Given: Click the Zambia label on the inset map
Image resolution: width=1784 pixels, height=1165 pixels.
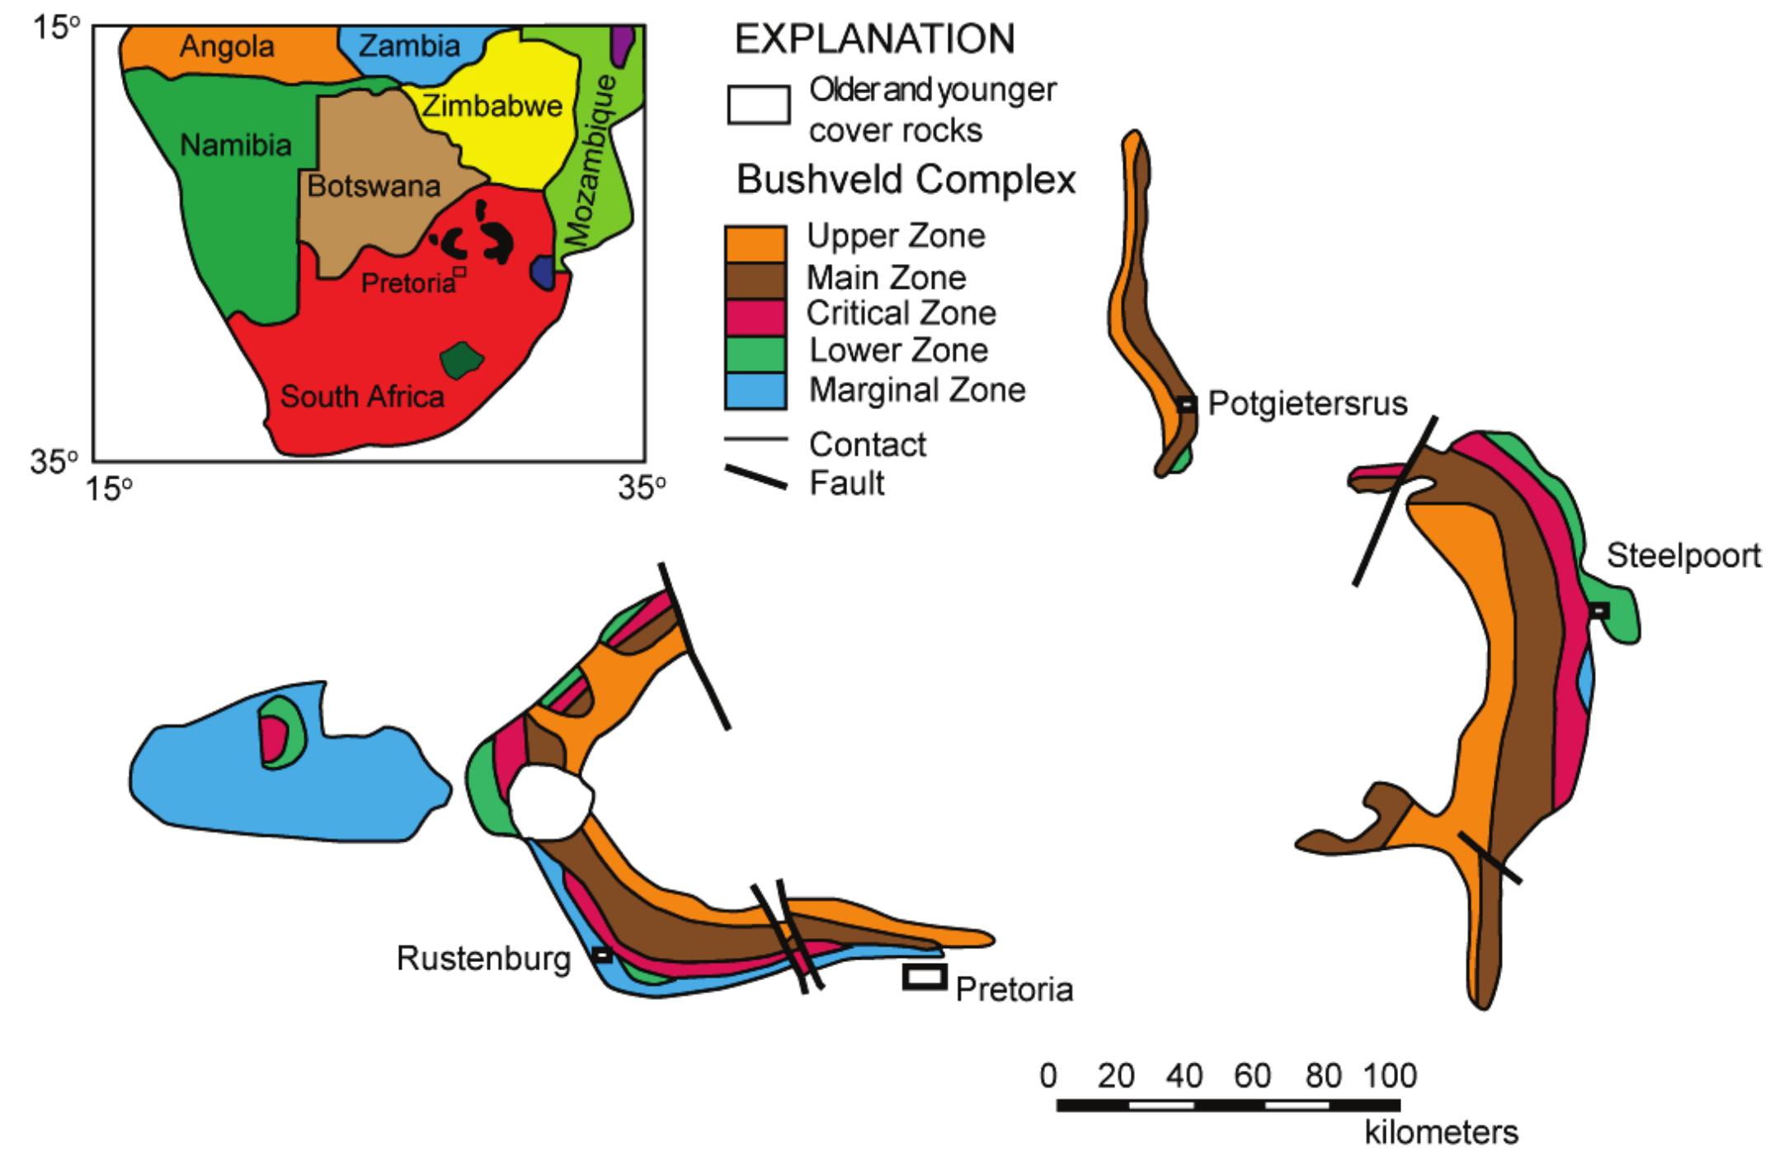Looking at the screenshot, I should [410, 45].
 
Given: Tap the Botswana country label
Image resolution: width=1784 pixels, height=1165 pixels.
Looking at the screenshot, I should [374, 186].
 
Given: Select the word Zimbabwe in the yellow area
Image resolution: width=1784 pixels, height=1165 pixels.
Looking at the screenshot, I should [492, 106].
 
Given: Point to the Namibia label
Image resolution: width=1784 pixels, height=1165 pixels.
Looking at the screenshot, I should [236, 146].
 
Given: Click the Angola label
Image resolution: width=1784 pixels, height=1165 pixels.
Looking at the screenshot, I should [227, 46].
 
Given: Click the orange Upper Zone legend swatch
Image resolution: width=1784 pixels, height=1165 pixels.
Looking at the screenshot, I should [755, 244].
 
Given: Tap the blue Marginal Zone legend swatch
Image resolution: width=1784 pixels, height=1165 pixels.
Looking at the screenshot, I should [755, 391].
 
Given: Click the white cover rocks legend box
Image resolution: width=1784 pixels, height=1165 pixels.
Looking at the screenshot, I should [758, 105].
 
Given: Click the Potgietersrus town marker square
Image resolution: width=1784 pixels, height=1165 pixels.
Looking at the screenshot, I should [1186, 404].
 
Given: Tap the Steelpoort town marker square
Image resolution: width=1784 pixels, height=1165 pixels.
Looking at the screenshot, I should [1598, 611].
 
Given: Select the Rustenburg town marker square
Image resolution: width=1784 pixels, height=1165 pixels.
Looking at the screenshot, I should [603, 955].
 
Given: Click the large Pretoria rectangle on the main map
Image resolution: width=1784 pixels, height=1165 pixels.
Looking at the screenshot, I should [925, 976].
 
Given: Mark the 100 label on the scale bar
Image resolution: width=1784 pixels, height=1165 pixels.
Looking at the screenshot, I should [1390, 1076].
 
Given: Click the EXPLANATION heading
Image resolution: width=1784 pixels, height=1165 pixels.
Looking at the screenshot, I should [875, 40].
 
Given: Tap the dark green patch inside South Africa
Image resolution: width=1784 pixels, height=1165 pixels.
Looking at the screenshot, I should [459, 359].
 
